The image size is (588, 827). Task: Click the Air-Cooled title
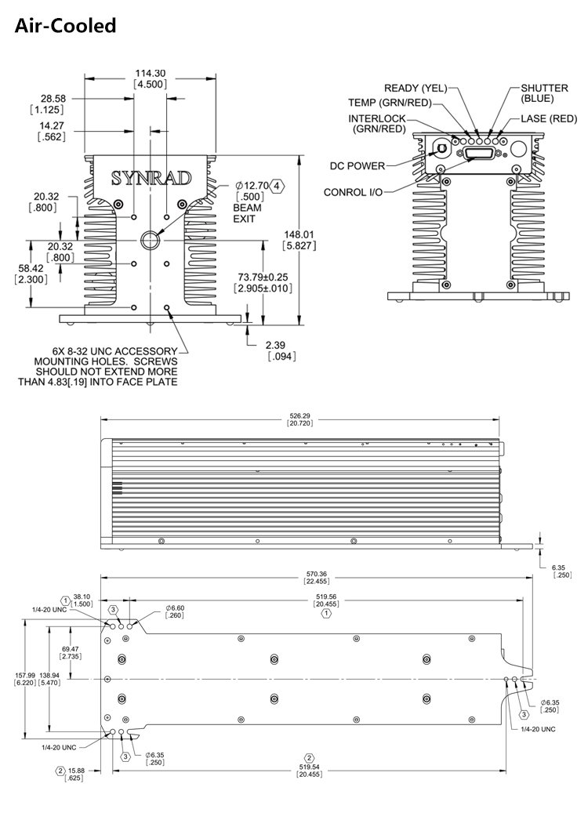click(x=66, y=26)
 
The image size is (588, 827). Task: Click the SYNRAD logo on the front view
click(x=151, y=178)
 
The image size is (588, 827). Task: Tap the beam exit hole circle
click(x=150, y=239)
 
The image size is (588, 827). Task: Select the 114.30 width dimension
click(x=149, y=72)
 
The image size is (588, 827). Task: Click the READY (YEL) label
click(x=414, y=88)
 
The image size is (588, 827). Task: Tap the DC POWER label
click(x=358, y=165)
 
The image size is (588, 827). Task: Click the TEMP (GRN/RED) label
click(x=390, y=103)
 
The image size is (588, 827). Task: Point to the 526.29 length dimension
click(x=303, y=415)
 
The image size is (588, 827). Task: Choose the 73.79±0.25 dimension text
click(x=263, y=278)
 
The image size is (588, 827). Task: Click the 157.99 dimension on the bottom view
click(x=25, y=675)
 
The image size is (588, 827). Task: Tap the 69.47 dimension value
click(x=71, y=649)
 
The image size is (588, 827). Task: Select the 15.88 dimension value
click(x=76, y=771)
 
